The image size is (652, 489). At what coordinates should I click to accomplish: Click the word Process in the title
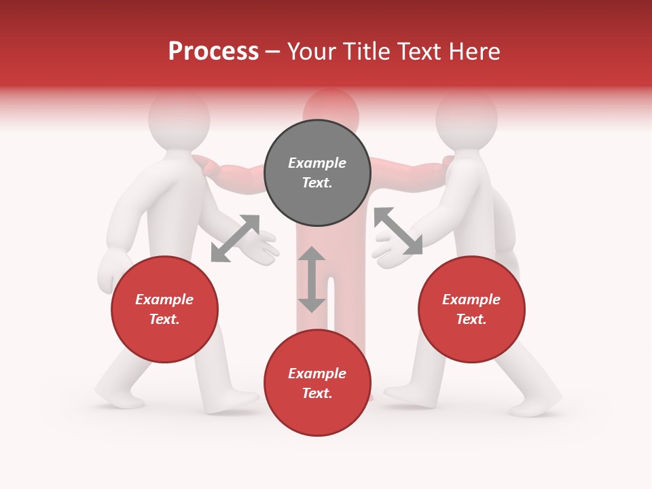tap(213, 52)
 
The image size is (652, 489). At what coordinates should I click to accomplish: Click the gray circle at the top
tap(317, 173)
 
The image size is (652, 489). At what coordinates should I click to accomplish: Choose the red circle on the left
tap(164, 310)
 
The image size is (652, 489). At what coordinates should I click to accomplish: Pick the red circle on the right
tap(471, 310)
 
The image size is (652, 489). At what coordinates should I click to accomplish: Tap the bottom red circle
tap(317, 383)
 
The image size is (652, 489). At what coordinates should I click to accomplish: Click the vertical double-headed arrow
tap(312, 279)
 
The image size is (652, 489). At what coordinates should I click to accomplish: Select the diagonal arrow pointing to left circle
tap(235, 238)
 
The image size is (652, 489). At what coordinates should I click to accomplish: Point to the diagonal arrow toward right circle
tap(398, 231)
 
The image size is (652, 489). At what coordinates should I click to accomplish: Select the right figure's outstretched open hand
tap(387, 250)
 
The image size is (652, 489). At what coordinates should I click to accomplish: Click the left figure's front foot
tap(234, 401)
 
